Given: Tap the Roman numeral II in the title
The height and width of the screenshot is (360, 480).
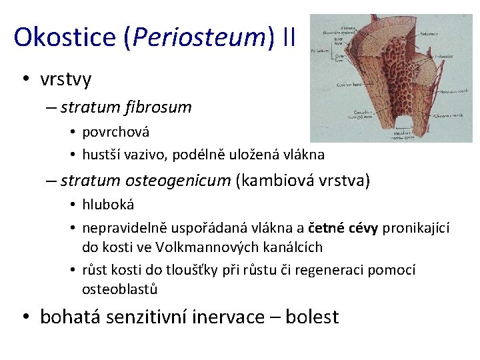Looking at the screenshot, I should pyautogui.click(x=289, y=37).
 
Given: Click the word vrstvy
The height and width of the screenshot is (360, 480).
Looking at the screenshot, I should pyautogui.click(x=65, y=79).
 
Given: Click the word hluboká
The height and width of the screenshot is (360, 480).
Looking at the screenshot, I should pyautogui.click(x=108, y=205).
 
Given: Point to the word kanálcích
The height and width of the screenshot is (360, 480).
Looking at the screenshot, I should pyautogui.click(x=293, y=247).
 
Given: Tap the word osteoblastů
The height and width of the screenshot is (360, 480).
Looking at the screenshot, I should pyautogui.click(x=119, y=289).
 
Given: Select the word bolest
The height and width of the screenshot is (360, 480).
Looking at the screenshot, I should pyautogui.click(x=312, y=317).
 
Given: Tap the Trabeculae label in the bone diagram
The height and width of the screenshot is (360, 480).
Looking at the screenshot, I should pyautogui.click(x=445, y=57).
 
